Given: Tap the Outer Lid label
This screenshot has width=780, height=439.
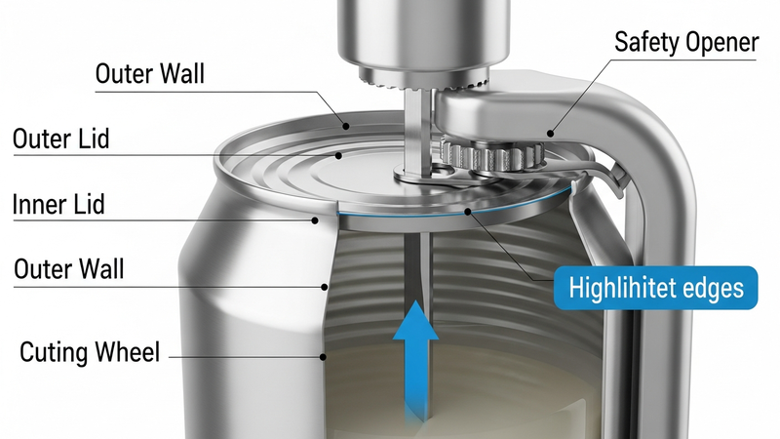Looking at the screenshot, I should click(x=60, y=139).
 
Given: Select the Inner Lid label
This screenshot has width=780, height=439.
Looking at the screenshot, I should click(x=58, y=205).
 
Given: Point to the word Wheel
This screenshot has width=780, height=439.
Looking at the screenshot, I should click(x=128, y=352).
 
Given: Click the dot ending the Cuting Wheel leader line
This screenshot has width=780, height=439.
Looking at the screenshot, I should click(x=323, y=357).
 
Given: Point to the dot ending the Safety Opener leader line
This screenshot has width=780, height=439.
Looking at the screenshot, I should click(x=549, y=134).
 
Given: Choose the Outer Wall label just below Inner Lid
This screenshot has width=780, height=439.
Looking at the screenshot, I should click(x=68, y=268).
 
